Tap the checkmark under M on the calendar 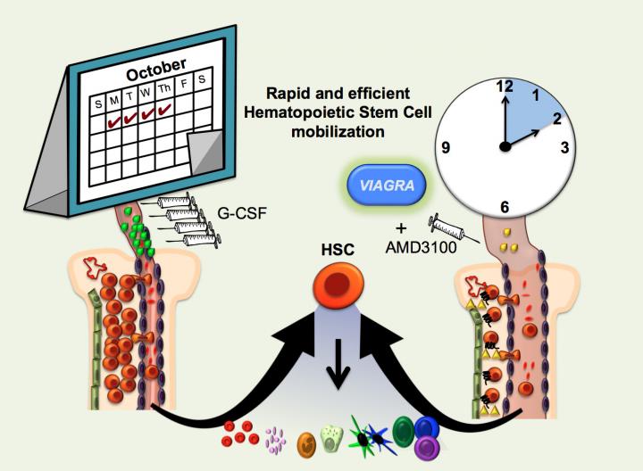(x=114, y=117)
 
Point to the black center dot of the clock (x=505, y=147)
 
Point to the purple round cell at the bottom (x=427, y=445)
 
